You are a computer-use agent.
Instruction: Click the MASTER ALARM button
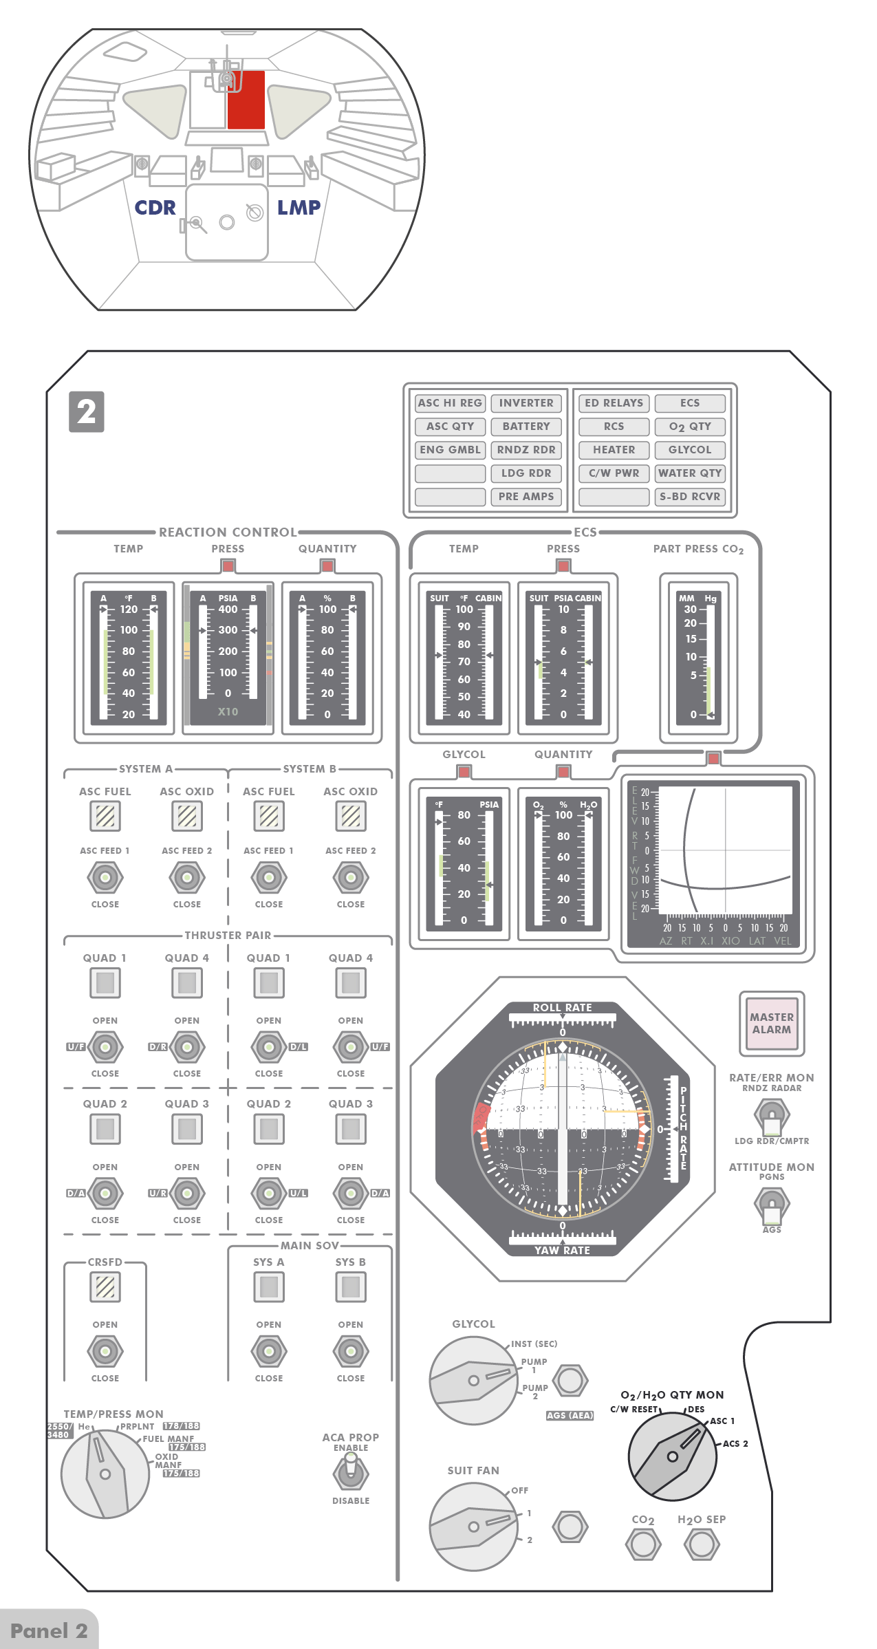point(771,1023)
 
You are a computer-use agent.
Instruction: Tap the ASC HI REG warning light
point(450,403)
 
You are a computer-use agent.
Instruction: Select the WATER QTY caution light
point(690,473)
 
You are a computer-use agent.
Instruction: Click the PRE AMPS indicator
point(526,497)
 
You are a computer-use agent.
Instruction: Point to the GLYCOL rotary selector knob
point(473,1381)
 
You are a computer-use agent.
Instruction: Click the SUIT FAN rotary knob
point(473,1527)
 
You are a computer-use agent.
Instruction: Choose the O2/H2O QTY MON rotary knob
point(673,1456)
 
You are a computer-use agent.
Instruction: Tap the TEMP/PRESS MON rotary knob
point(105,1474)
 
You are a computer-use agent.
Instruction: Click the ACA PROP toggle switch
point(351,1473)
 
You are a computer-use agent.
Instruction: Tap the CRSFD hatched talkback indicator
point(105,1286)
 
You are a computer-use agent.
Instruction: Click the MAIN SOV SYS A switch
point(269,1351)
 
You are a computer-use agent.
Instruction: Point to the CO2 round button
point(643,1544)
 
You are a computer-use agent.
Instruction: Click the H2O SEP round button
point(702,1544)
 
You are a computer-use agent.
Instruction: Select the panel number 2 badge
point(87,412)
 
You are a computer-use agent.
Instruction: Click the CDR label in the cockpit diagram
point(155,208)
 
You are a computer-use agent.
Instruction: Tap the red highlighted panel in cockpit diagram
point(246,100)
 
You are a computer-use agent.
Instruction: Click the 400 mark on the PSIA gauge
point(228,610)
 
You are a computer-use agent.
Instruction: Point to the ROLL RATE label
point(562,1007)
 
